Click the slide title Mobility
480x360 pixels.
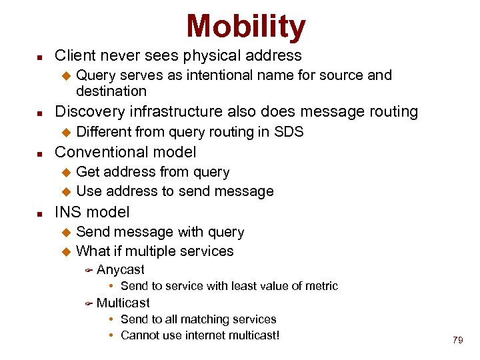pos(246,27)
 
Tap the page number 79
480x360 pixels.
pos(457,340)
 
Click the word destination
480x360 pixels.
pos(111,91)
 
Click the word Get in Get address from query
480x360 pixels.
pos(87,172)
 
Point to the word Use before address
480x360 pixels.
pos(88,191)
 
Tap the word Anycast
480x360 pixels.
pos(120,269)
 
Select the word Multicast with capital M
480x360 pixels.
pos(123,303)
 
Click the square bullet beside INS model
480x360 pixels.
pos(40,213)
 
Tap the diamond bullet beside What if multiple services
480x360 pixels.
pos(65,252)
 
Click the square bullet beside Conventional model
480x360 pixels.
pos(40,153)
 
